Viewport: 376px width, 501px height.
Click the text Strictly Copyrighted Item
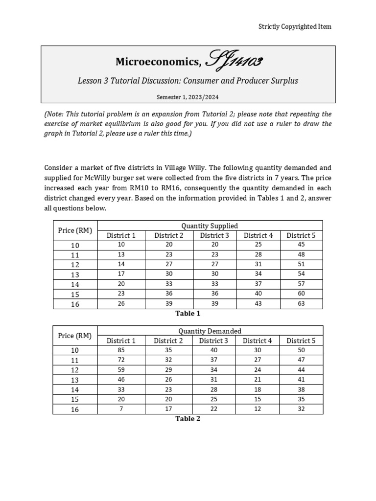(295, 26)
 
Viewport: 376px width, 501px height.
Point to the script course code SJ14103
(234, 61)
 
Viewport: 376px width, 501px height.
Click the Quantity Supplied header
(210, 226)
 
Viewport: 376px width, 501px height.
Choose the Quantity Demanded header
(210, 331)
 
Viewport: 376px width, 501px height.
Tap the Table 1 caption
(188, 314)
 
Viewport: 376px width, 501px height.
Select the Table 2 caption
(188, 419)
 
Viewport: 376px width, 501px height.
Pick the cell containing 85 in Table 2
(121, 350)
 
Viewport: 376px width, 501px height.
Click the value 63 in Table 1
(301, 303)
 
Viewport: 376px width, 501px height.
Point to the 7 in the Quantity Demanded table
(121, 409)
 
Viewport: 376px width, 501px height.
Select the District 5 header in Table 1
(301, 235)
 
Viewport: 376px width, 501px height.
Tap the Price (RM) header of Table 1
(75, 230)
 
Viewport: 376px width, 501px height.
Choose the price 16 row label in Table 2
(75, 410)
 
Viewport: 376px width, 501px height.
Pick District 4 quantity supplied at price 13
(258, 274)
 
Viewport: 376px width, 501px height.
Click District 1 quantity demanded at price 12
(121, 370)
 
